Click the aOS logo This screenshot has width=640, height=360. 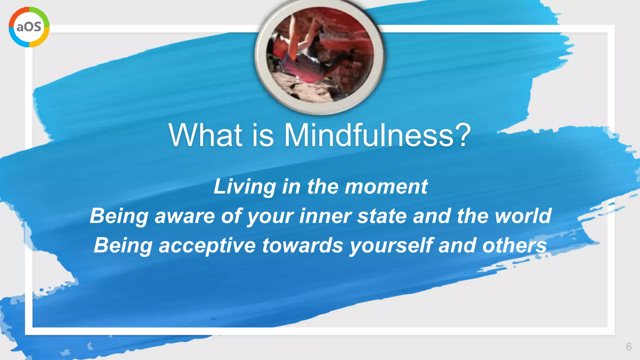point(29,27)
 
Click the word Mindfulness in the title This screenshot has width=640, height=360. point(369,135)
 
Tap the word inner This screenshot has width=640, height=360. point(325,216)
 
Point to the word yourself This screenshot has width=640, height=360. point(391,246)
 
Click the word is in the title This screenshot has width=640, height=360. point(262,135)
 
